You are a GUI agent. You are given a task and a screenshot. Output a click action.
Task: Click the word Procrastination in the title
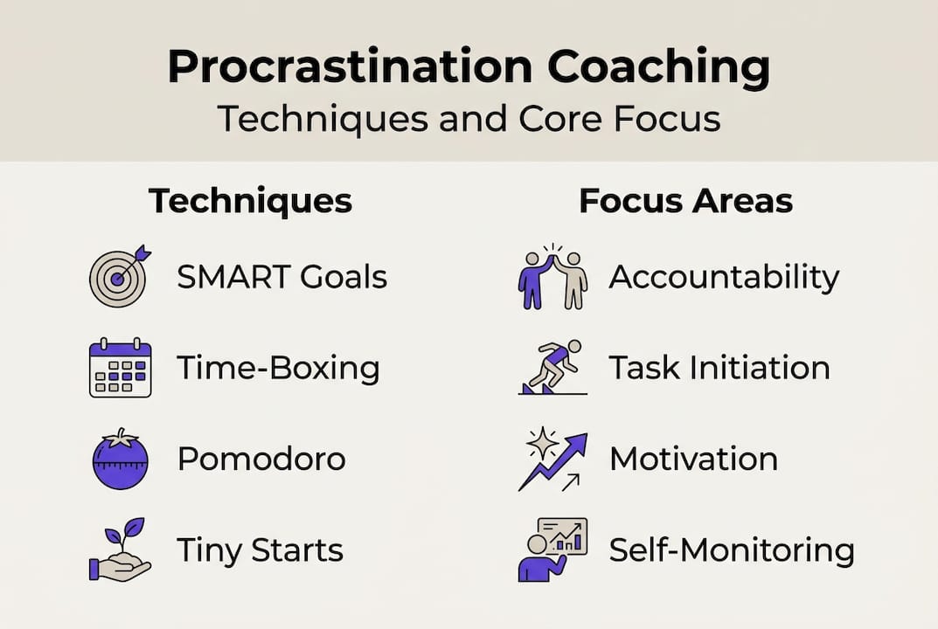coord(350,66)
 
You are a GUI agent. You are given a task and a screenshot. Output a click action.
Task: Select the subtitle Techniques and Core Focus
coord(469,119)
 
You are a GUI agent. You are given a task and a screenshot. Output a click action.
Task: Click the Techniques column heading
coord(250,202)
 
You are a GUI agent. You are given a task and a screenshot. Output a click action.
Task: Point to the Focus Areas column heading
coord(685,200)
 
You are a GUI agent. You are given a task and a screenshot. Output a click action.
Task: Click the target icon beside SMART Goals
coord(120,276)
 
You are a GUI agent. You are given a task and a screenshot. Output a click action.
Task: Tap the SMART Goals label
coord(281,277)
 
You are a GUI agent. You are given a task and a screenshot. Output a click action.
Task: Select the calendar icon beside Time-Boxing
coord(121,368)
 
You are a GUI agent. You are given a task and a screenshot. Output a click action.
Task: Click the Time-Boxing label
coord(278,369)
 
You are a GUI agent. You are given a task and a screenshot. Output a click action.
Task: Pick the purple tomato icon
coord(121,459)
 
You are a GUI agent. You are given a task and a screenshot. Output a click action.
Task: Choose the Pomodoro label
coord(261,460)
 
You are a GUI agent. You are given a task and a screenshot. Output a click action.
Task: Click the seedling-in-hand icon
coord(120,550)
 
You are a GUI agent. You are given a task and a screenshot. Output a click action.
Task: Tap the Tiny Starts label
coord(260,550)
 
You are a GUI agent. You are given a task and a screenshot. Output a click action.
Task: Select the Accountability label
coord(724,278)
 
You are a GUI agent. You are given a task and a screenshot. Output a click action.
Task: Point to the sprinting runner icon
coord(552,367)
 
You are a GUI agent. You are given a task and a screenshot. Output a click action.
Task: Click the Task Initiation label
coord(719,368)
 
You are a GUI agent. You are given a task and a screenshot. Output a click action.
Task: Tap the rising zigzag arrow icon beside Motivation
coord(552,459)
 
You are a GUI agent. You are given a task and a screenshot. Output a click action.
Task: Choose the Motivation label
coord(694,460)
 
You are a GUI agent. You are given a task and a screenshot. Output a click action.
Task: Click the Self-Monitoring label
coord(732,550)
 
